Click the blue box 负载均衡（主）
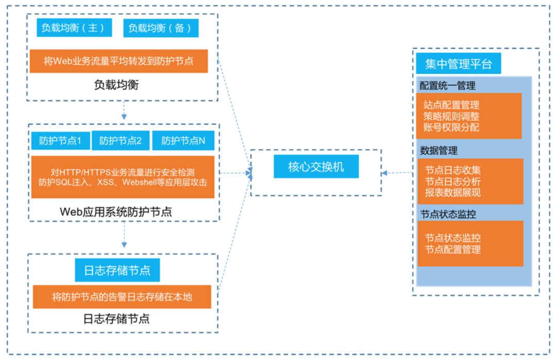74,28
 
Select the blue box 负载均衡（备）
160,28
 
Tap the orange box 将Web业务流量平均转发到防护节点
119,61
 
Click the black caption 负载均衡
117,85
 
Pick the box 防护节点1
60,141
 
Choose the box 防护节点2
120,141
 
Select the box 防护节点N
183,141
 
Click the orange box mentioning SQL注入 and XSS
123,177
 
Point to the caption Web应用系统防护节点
116,212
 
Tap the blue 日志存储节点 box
117,270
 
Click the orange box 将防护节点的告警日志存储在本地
122,297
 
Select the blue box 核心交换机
316,167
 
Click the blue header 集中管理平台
458,63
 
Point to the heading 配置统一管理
448,86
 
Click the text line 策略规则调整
451,116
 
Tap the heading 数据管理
439,151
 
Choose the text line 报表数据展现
453,192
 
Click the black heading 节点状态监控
448,214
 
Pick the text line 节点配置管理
453,250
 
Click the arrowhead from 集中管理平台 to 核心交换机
384,173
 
